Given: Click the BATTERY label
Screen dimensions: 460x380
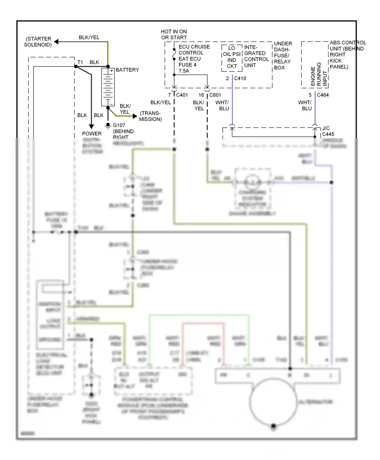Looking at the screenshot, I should coord(127,70).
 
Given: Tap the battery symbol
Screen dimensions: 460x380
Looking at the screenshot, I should coord(108,87).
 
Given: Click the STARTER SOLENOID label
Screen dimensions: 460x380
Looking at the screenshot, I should coord(38,42).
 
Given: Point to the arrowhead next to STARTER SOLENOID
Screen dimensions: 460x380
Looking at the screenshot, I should coord(56,42).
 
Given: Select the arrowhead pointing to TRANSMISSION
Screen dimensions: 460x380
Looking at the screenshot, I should coord(135,116).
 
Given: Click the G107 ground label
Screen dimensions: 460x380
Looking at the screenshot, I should coord(119,125).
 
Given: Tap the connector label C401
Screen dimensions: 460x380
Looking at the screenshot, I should coord(182,95).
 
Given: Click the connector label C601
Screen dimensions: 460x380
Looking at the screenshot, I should coord(215,95).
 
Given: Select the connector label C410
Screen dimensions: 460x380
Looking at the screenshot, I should coord(240,78).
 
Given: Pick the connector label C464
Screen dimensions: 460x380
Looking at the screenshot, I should coord(323,95).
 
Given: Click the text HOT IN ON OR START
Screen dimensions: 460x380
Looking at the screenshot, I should coord(174,34).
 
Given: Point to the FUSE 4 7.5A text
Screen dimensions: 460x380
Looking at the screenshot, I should coord(187,68).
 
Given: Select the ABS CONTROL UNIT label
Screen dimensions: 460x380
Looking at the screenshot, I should coord(347,55).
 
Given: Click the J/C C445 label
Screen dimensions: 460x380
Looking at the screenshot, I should coord(328,131).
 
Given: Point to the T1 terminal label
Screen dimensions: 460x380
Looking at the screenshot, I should coord(80,62).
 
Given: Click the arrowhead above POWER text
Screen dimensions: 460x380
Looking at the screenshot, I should coord(91,126).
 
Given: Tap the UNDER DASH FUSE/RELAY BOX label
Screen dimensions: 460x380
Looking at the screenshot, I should coord(283,56).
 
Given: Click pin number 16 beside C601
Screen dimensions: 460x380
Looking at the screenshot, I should coord(201,95).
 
